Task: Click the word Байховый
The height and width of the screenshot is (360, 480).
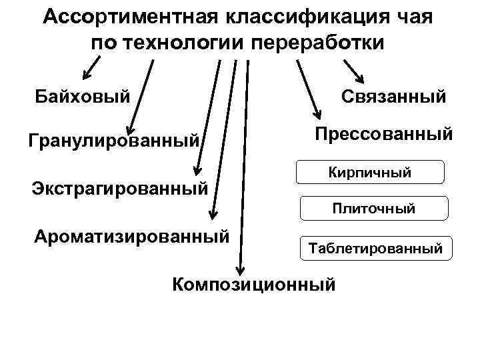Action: click(x=83, y=97)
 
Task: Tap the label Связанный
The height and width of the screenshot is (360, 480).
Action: click(x=393, y=97)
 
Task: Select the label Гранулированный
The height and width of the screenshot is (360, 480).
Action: click(x=114, y=141)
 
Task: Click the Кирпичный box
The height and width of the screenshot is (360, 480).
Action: click(x=369, y=172)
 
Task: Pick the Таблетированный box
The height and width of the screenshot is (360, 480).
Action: click(x=375, y=248)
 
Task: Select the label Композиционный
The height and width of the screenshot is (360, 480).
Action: click(x=253, y=285)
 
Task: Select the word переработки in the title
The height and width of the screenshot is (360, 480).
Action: click(x=319, y=43)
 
